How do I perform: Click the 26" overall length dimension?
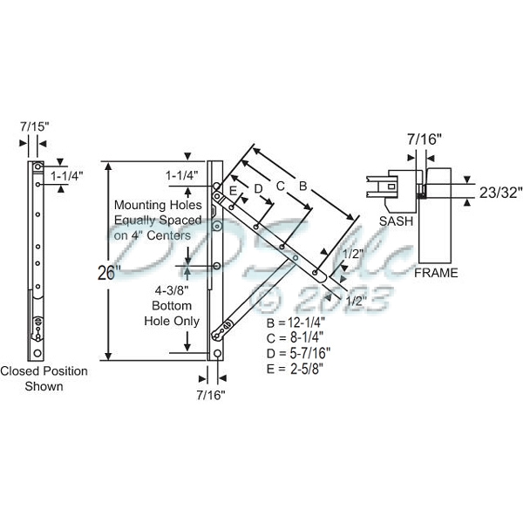[x=107, y=272]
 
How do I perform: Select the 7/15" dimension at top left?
[x=36, y=126]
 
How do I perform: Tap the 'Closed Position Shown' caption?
[x=44, y=378]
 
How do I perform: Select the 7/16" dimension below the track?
[x=210, y=395]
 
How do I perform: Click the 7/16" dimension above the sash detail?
[x=425, y=138]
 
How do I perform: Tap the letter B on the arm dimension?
[x=302, y=185]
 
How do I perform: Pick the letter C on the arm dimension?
[x=280, y=185]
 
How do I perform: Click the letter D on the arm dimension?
[x=257, y=188]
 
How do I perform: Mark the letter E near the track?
[x=233, y=191]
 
